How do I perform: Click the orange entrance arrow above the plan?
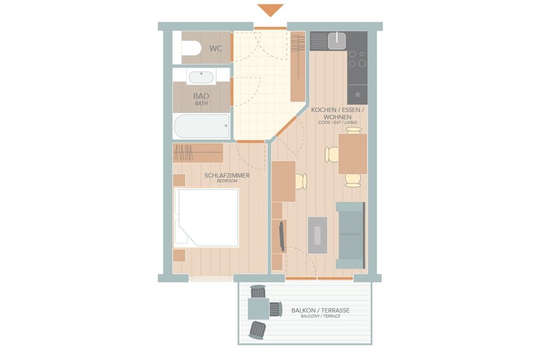tap(271, 10)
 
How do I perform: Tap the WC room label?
tap(215, 49)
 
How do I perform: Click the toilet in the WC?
tap(191, 48)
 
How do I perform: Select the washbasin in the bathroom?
tap(201, 77)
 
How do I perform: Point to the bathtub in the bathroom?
tap(202, 126)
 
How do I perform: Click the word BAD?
tap(201, 96)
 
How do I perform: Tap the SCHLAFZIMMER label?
tap(227, 175)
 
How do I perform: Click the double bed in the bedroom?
tap(206, 218)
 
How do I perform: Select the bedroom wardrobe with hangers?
tap(198, 153)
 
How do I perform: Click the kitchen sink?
tap(337, 41)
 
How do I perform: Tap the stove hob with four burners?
tap(357, 59)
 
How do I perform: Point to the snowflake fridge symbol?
tap(358, 94)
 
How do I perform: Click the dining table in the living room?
tap(353, 154)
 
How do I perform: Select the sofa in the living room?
tap(350, 235)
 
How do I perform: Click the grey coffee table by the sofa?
tap(317, 235)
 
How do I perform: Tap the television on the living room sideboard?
tap(282, 236)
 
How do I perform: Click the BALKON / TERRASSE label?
tap(320, 310)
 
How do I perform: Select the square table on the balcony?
tap(258, 308)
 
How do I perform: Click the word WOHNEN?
tap(337, 117)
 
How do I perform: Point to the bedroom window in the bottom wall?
tap(211, 278)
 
